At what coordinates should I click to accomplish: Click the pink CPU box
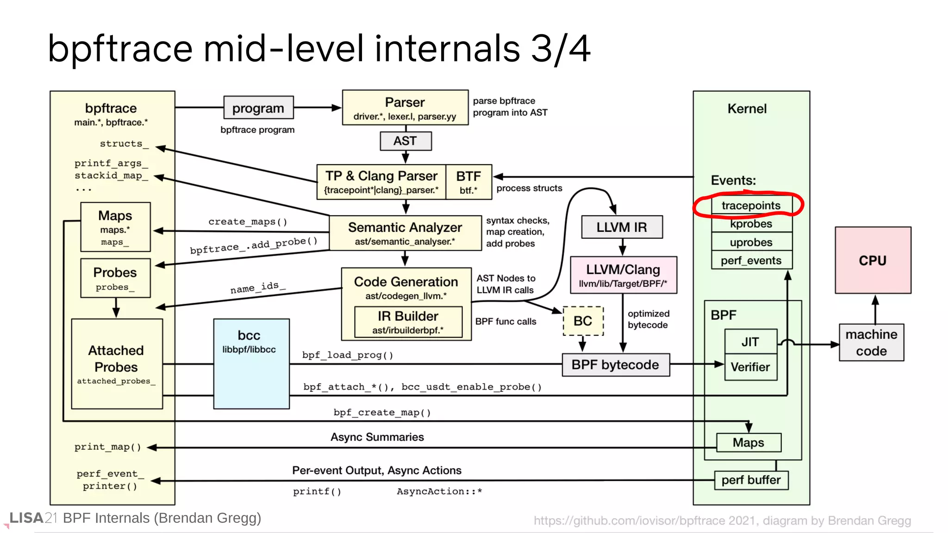873,260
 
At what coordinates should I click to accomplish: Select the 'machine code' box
871,342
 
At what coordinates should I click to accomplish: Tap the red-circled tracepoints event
751,205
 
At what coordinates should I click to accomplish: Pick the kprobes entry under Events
751,224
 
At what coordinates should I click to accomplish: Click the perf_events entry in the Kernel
751,260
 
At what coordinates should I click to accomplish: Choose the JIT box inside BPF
750,341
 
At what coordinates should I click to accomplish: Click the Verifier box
750,367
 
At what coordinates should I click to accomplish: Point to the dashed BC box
583,321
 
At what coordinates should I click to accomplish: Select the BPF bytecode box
615,365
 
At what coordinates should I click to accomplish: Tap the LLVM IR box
621,227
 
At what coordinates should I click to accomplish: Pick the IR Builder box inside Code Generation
408,322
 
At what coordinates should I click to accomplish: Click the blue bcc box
251,364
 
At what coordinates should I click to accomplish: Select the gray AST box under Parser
405,141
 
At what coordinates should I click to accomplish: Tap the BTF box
468,182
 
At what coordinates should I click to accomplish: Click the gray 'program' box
258,108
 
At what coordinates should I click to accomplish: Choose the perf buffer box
751,480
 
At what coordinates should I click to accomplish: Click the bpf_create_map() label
382,412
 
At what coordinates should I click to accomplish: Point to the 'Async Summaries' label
377,437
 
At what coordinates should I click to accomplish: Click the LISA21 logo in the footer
32,518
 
